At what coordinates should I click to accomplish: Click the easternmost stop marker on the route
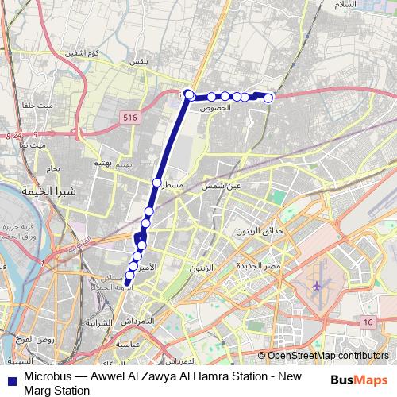tap(268, 98)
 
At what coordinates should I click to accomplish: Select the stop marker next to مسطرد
tap(156, 182)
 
